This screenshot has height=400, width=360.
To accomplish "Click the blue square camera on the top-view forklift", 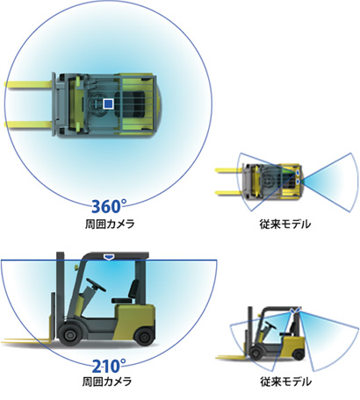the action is click(x=108, y=104).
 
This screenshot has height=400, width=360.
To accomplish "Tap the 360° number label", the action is click(x=109, y=206).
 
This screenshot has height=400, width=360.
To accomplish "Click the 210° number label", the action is click(x=109, y=366).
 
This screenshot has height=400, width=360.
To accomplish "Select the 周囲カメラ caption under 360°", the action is click(x=110, y=225).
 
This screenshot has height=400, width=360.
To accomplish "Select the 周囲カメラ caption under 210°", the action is click(x=107, y=382).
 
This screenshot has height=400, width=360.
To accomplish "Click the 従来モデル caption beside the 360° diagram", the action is click(x=285, y=225).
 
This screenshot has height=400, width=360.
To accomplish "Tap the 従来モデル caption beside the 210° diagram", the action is click(x=285, y=382).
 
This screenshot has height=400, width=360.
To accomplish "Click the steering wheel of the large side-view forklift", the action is click(x=96, y=284).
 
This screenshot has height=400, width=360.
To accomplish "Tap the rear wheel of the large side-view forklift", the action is click(x=144, y=336).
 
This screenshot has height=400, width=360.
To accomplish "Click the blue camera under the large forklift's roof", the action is click(x=109, y=257).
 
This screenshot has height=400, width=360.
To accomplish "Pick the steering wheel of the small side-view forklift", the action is click(x=270, y=325).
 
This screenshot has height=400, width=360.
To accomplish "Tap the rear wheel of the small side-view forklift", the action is click(x=299, y=354).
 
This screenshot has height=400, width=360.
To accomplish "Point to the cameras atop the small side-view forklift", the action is click(x=295, y=310).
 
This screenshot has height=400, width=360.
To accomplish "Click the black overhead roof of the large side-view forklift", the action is click(x=115, y=255).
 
